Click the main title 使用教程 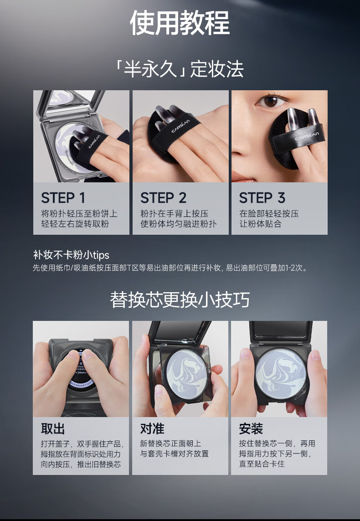point(180,23)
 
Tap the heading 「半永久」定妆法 point(180,69)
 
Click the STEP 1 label point(63,198)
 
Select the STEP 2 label point(163,198)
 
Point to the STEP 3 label point(262,198)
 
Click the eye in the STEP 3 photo point(271,101)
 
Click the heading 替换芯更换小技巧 point(180,299)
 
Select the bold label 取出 point(53,428)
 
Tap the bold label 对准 point(152,428)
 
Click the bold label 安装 point(251,428)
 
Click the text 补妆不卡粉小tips point(71,255)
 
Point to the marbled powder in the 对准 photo point(187,375)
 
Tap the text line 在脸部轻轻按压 point(269,214)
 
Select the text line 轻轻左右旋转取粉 point(75,224)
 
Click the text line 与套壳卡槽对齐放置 point(174,454)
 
